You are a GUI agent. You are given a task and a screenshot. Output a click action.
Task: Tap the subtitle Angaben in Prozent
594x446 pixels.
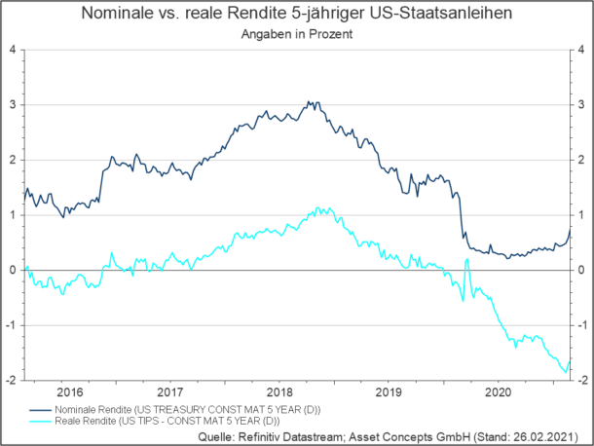[x=296, y=33]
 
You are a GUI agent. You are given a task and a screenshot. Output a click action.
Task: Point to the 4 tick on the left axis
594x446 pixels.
[x=12, y=49]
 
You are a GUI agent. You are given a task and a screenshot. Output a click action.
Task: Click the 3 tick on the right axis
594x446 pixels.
[x=583, y=104]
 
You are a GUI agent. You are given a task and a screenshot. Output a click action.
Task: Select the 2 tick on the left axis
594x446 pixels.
[x=12, y=160]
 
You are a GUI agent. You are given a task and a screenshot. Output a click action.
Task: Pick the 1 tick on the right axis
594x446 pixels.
[x=583, y=215]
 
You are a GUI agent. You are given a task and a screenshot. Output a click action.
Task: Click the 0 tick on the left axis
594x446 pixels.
[x=12, y=271]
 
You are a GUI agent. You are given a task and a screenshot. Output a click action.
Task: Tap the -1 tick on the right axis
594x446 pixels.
[x=582, y=326]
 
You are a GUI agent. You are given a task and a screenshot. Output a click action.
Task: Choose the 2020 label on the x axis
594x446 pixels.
[x=500, y=393]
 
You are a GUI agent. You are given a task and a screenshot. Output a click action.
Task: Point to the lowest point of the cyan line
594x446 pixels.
[x=566, y=371]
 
